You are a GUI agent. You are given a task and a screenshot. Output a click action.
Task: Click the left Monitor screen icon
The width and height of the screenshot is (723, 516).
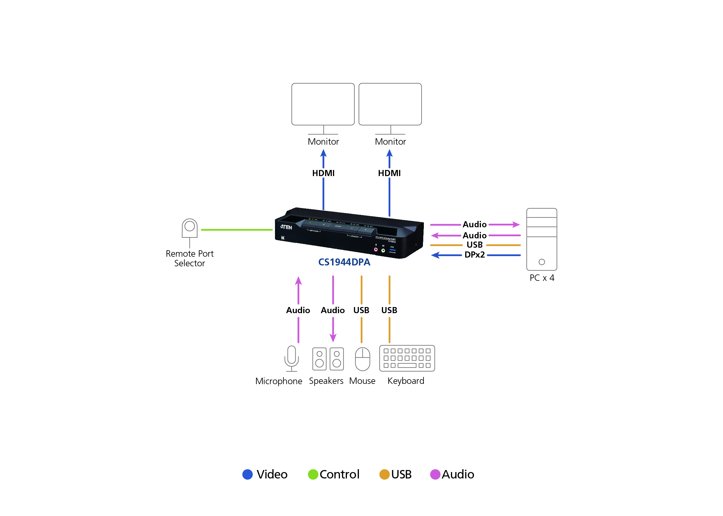pos(323,104)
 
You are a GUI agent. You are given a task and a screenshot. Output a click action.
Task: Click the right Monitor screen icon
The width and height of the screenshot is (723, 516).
pos(390,104)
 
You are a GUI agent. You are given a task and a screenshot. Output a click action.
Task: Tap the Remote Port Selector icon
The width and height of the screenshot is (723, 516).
pos(190,228)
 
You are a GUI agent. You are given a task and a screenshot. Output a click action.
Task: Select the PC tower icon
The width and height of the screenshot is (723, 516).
pos(541,239)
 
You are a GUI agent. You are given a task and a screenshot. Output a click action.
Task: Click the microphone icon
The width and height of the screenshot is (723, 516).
pos(291,358)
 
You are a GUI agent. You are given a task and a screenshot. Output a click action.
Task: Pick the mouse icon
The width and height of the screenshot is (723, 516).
pos(362,359)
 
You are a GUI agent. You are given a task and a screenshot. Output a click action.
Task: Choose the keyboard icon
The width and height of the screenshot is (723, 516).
pos(407,358)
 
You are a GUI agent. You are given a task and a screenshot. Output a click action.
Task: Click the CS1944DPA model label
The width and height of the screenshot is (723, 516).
pos(344,262)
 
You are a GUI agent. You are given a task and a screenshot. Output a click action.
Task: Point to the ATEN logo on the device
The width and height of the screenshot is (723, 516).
pos(286,227)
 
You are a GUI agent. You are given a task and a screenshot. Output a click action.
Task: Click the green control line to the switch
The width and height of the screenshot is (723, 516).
pos(237,230)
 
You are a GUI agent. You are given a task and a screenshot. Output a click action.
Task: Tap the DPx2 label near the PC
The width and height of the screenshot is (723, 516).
pos(474,255)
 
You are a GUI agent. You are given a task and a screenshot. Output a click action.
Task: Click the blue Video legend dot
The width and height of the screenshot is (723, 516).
pos(247,474)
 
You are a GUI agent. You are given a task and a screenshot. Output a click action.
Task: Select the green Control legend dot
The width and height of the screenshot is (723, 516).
pos(313,474)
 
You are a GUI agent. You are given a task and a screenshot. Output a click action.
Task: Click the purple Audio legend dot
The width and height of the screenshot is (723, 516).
pos(435,474)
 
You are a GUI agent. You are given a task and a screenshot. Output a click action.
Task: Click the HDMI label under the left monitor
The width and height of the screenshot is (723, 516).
pos(323,173)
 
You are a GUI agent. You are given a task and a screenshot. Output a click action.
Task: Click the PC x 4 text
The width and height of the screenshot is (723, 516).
pos(542,278)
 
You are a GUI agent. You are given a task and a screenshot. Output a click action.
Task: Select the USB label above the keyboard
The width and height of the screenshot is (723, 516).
pos(389,310)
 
